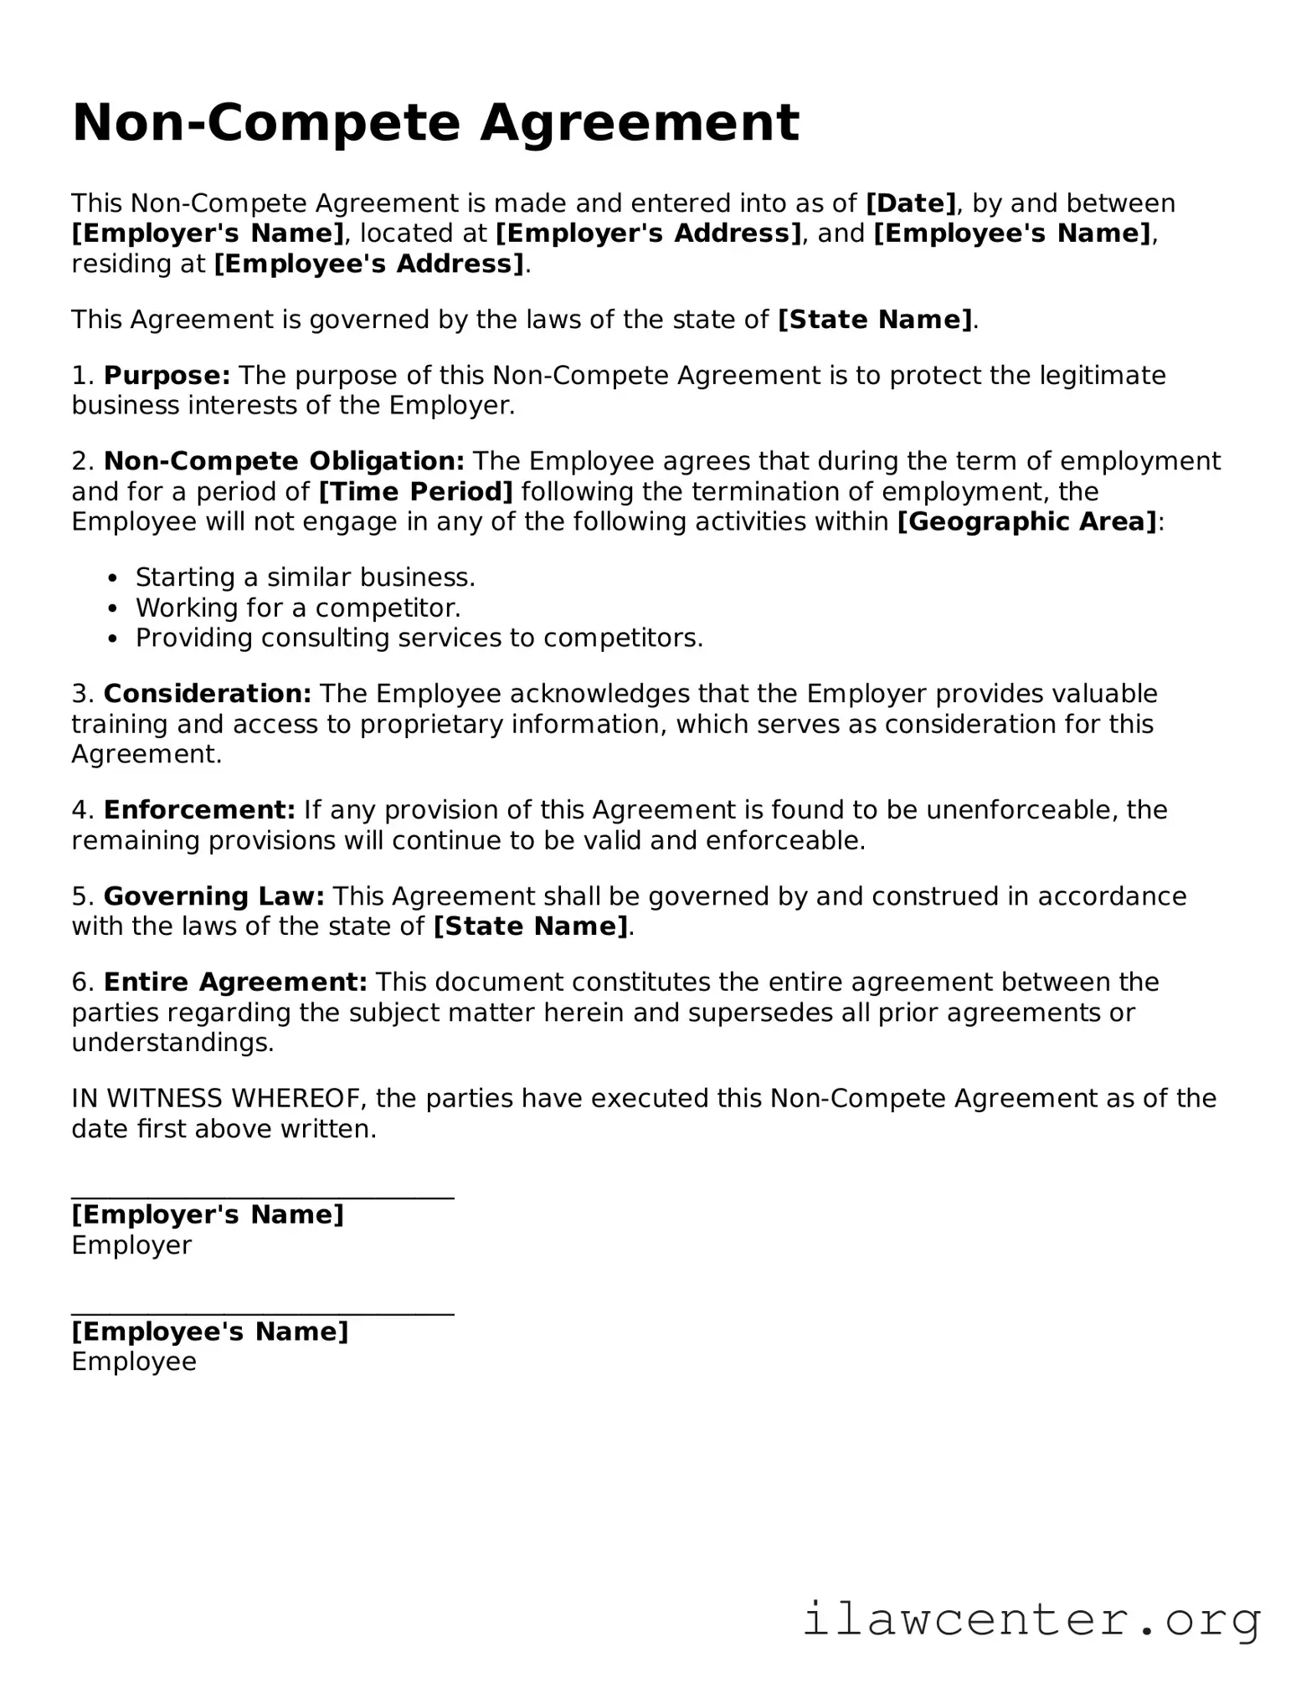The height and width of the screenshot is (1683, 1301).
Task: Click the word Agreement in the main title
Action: pos(640,124)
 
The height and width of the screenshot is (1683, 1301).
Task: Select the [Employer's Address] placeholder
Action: pos(649,233)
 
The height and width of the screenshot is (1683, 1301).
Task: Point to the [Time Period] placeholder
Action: pos(415,492)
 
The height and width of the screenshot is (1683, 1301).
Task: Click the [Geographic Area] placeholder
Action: pos(1027,522)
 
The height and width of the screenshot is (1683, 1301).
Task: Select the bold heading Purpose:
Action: pos(167,376)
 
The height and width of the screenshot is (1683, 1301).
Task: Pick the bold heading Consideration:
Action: pos(207,694)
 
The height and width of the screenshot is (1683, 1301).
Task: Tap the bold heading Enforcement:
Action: pos(199,810)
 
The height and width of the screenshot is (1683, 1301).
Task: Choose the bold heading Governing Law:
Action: pos(213,897)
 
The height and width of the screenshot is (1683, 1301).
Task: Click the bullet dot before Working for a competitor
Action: pos(114,608)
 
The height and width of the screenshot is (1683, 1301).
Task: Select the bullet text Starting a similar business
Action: pos(306,577)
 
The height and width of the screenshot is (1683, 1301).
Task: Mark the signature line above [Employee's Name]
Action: pos(262,1315)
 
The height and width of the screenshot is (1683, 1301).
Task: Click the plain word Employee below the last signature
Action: pos(134,1362)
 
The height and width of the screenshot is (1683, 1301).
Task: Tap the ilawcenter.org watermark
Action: pos(1031,1619)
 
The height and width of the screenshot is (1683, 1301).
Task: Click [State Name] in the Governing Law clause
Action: pos(530,927)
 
